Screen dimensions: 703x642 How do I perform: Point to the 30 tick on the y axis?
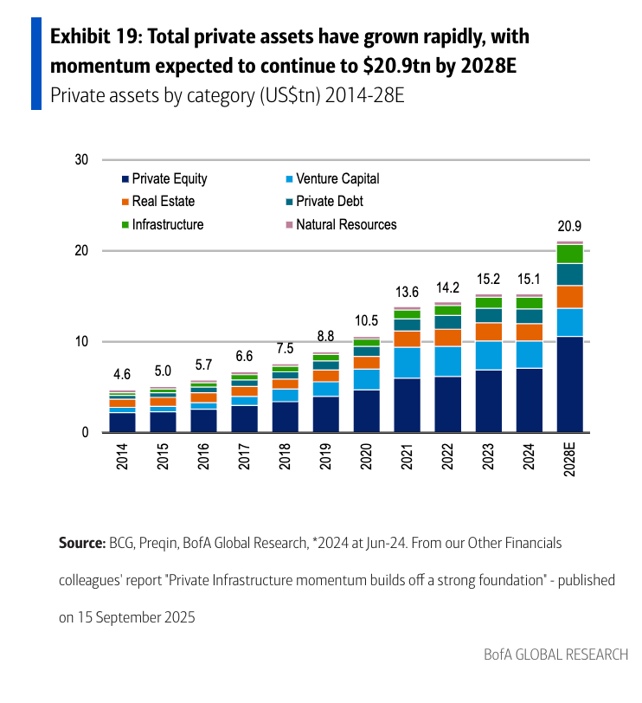click(82, 160)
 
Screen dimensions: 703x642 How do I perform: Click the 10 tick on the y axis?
click(82, 342)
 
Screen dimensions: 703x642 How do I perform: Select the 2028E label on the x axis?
click(569, 459)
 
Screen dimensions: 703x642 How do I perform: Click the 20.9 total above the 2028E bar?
click(569, 227)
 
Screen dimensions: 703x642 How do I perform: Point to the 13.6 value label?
click(407, 292)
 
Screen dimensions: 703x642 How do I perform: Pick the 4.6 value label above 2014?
click(122, 375)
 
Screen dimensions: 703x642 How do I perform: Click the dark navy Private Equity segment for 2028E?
click(569, 384)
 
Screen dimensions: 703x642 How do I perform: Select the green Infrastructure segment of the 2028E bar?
click(569, 254)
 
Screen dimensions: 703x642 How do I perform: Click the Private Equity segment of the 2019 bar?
click(325, 414)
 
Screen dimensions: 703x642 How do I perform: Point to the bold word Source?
click(80, 544)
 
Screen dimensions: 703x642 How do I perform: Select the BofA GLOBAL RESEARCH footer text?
click(555, 655)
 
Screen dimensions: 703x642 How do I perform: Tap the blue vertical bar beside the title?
click(36, 62)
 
